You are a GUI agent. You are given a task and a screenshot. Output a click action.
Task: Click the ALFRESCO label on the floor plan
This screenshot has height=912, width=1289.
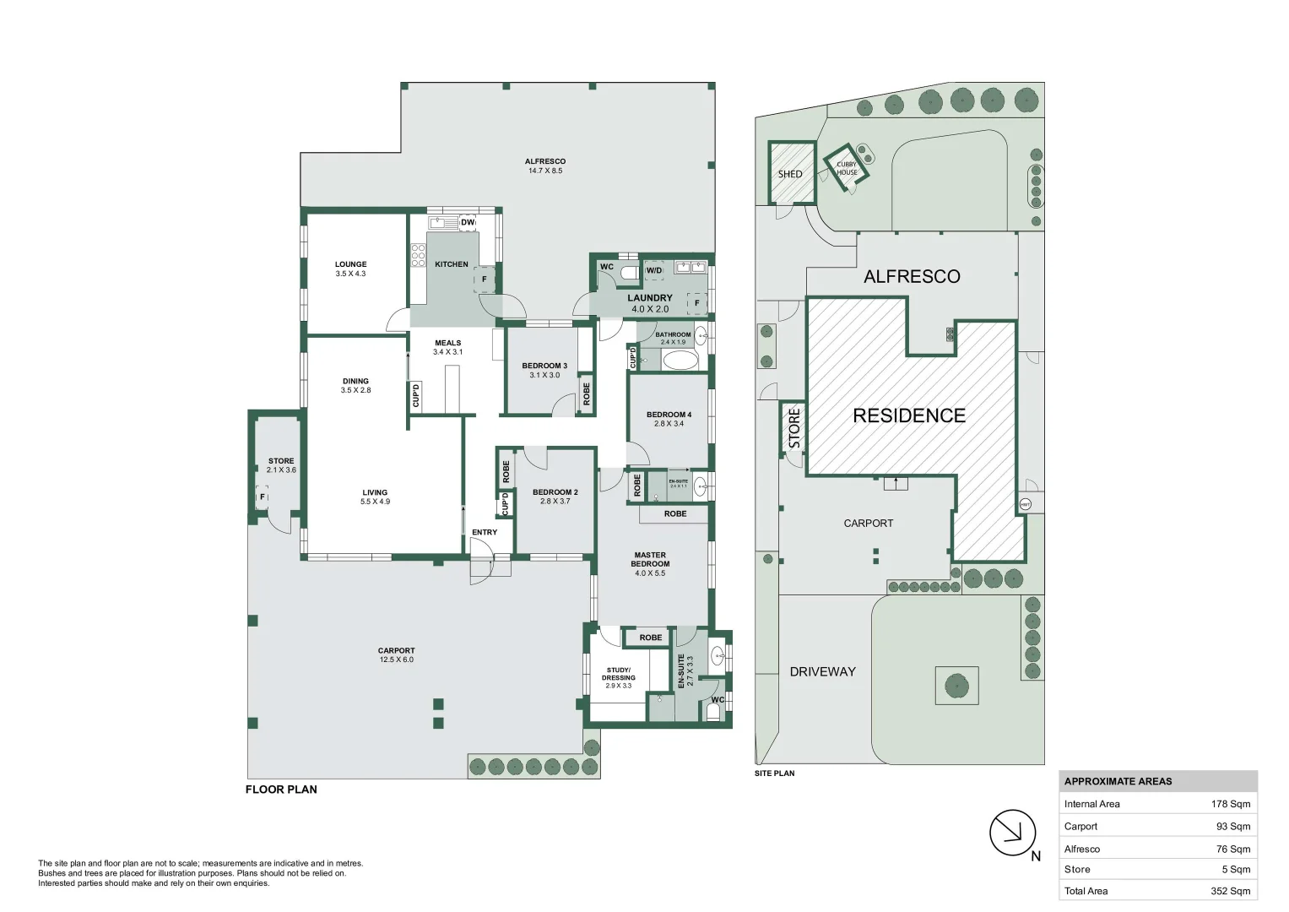pos(544,161)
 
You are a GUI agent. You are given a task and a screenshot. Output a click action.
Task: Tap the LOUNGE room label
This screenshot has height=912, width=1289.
pos(350,264)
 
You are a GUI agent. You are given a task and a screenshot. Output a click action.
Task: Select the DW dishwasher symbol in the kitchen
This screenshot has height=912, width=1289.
pos(467,223)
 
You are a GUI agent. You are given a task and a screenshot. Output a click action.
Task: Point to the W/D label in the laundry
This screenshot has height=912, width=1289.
pos(654,271)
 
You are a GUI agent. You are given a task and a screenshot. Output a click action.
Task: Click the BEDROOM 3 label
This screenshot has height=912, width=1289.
pos(544,366)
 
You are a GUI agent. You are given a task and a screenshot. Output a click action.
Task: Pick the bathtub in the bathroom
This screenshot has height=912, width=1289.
pos(680,361)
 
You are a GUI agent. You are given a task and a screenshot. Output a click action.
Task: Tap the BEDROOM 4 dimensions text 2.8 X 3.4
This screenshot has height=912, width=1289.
pos(669,424)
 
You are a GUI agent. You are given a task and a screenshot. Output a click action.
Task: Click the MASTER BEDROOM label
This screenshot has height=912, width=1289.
pos(650,559)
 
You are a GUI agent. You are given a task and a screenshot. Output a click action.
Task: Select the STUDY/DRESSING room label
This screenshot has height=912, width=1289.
pos(619,673)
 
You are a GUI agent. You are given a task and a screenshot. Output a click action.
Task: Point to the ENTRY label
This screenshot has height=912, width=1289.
pos(485,532)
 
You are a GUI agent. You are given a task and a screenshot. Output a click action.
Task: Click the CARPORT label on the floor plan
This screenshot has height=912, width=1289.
pos(396,651)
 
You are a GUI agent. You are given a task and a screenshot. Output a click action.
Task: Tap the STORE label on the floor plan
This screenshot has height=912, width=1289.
pos(281,461)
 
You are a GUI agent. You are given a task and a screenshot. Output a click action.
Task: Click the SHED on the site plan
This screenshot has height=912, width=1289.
pos(791,173)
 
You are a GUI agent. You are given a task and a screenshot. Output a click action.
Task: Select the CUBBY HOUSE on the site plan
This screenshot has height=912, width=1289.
pos(847,169)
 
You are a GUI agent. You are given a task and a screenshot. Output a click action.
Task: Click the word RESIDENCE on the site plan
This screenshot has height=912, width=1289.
pos(909,415)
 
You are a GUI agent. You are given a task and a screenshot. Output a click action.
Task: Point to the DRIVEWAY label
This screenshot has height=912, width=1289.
pos(822,672)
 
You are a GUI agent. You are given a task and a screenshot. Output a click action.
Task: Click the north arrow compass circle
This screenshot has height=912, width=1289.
pos(1012,833)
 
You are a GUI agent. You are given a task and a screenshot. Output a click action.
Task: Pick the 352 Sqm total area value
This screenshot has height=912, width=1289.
pos(1230,891)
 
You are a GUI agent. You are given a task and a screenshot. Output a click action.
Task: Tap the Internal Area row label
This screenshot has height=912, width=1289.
pos(1091,804)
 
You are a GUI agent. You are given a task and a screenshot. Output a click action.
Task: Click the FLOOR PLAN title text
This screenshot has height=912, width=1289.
pos(281,790)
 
